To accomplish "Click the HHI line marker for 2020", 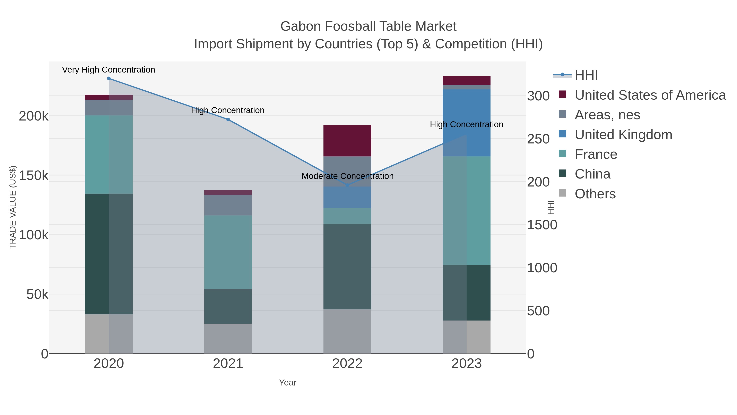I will pyautogui.click(x=109, y=78).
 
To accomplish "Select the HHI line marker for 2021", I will pyautogui.click(x=228, y=119).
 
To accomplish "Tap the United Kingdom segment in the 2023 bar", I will pyautogui.click(x=467, y=115).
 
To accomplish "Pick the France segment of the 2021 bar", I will pyautogui.click(x=228, y=252).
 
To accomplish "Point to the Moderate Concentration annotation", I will pyautogui.click(x=347, y=176).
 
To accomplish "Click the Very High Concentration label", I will pyautogui.click(x=109, y=70).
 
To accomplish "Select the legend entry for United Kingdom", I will pyautogui.click(x=623, y=135).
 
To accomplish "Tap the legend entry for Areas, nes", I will pyautogui.click(x=607, y=115).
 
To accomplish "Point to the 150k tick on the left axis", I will pyautogui.click(x=34, y=176).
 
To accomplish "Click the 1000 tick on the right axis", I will pyautogui.click(x=542, y=268).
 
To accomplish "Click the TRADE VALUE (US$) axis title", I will pyautogui.click(x=13, y=207).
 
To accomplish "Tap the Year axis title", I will pyautogui.click(x=288, y=383).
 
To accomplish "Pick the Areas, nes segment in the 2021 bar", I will pyautogui.click(x=228, y=205).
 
